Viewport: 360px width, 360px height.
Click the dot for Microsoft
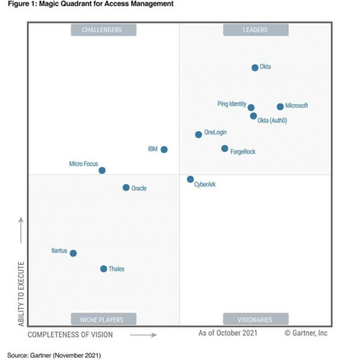pyautogui.click(x=280, y=106)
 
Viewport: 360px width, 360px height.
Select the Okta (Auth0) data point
pyautogui.click(x=254, y=116)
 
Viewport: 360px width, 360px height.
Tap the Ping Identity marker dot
pyautogui.click(x=251, y=108)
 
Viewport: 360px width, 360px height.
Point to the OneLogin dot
pyautogui.click(x=198, y=134)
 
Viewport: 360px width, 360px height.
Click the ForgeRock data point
pyautogui.click(x=225, y=148)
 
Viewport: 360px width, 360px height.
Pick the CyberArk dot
pyautogui.click(x=190, y=179)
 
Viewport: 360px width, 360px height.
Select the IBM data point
pyautogui.click(x=164, y=150)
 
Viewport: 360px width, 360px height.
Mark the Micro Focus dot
pyautogui.click(x=102, y=170)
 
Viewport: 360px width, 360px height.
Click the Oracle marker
pyautogui.click(x=126, y=187)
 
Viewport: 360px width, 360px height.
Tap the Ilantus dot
pyautogui.click(x=73, y=253)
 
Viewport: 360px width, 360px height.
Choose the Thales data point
pyautogui.click(x=104, y=269)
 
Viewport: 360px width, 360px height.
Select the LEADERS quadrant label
pyautogui.click(x=255, y=30)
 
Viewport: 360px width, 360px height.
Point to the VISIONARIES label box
pyautogui.click(x=255, y=319)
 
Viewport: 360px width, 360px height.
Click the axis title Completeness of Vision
pyautogui.click(x=70, y=335)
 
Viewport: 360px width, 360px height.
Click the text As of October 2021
pyautogui.click(x=228, y=333)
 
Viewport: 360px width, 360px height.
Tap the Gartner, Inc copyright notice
pyautogui.click(x=306, y=333)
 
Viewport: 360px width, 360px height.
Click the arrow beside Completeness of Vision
pyautogui.click(x=143, y=335)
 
